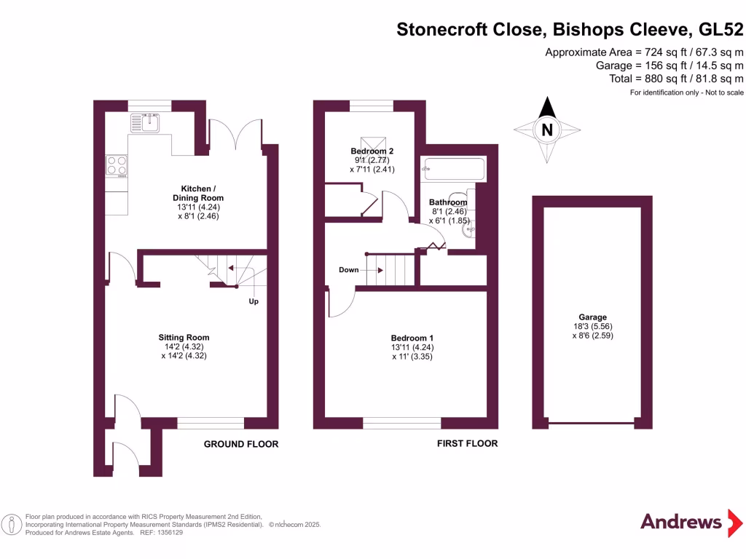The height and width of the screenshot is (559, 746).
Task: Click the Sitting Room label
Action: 184,337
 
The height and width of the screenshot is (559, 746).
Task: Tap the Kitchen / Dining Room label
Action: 197,193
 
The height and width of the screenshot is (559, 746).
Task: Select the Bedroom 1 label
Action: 412,338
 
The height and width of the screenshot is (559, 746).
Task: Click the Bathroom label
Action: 447,202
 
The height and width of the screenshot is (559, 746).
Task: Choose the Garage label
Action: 592,317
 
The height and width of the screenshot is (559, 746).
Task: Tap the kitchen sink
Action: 146,122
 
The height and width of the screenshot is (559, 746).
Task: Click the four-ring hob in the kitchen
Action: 117,166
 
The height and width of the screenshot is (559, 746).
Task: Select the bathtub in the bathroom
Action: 454,169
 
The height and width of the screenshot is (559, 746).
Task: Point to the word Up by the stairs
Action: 254,301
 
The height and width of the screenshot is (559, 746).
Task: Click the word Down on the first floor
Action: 349,270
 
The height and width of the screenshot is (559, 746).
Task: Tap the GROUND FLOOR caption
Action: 240,444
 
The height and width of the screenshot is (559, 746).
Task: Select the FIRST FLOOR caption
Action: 467,443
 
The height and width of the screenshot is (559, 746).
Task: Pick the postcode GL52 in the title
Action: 721,30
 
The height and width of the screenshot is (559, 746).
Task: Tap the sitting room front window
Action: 211,423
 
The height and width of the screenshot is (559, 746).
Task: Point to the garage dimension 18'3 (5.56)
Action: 592,327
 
